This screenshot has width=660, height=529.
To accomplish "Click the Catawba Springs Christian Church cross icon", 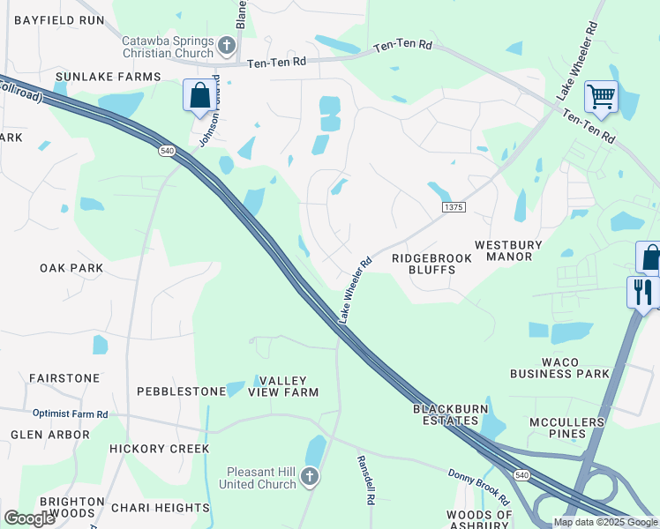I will [x=227, y=44].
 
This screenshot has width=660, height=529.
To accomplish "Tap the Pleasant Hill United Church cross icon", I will [x=309, y=477].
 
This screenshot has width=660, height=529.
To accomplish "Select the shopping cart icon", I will [x=601, y=96].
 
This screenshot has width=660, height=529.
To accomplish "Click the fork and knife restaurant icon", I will [x=642, y=292].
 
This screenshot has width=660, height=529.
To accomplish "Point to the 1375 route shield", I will [x=454, y=206].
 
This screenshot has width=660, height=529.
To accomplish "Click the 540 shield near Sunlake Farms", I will [x=167, y=152].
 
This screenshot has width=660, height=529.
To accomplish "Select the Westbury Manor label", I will [x=516, y=250].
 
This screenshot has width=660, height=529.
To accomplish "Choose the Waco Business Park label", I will [x=559, y=368].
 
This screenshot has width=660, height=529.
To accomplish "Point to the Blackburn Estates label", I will [x=450, y=415].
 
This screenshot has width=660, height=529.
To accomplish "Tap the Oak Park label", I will [x=71, y=267].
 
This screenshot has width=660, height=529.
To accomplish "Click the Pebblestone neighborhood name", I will [x=182, y=391].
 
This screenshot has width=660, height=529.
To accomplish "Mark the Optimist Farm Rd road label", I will [x=71, y=414].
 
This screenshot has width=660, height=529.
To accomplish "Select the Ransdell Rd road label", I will [x=366, y=479].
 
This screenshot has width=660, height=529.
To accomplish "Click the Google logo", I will [x=29, y=519].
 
